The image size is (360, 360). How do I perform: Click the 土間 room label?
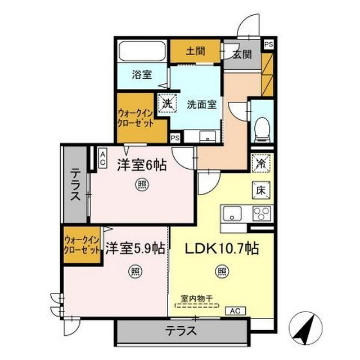pos(196,51)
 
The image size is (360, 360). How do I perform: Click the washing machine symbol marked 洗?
pos(166,103)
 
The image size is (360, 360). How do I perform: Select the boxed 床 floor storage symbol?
pos(262,190)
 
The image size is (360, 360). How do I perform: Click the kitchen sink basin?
pos(232,214)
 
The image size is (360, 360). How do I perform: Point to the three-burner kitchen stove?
pos(261,214)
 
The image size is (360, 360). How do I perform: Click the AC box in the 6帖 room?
pos(103,157)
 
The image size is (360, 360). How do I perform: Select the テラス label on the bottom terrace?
pos(181,331)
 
